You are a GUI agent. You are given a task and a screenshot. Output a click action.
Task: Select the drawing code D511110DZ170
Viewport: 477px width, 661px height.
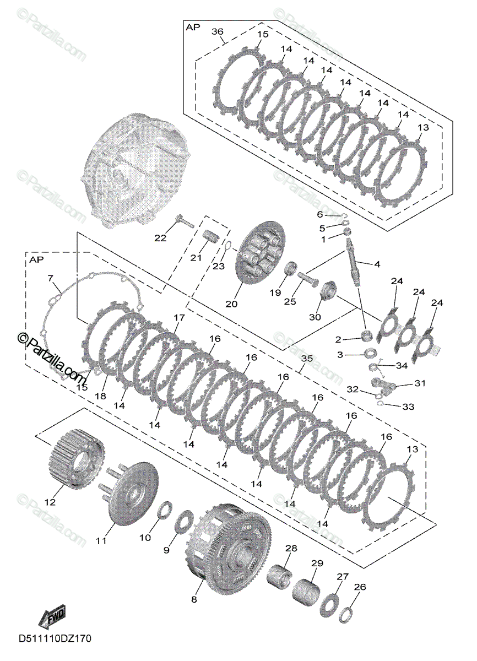click(x=55, y=639)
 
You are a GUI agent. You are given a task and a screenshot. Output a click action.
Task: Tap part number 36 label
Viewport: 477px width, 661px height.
click(x=218, y=32)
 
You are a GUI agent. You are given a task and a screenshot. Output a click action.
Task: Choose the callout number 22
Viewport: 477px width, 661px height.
click(x=160, y=238)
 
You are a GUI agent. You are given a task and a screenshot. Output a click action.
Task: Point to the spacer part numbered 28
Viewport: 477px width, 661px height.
click(x=281, y=576)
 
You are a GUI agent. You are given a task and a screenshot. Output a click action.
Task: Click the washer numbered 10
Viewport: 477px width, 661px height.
click(x=165, y=512)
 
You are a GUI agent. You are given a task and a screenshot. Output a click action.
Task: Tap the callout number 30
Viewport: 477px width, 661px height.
click(x=315, y=317)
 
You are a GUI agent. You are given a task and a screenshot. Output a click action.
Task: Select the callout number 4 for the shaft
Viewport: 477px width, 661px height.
click(x=377, y=264)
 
